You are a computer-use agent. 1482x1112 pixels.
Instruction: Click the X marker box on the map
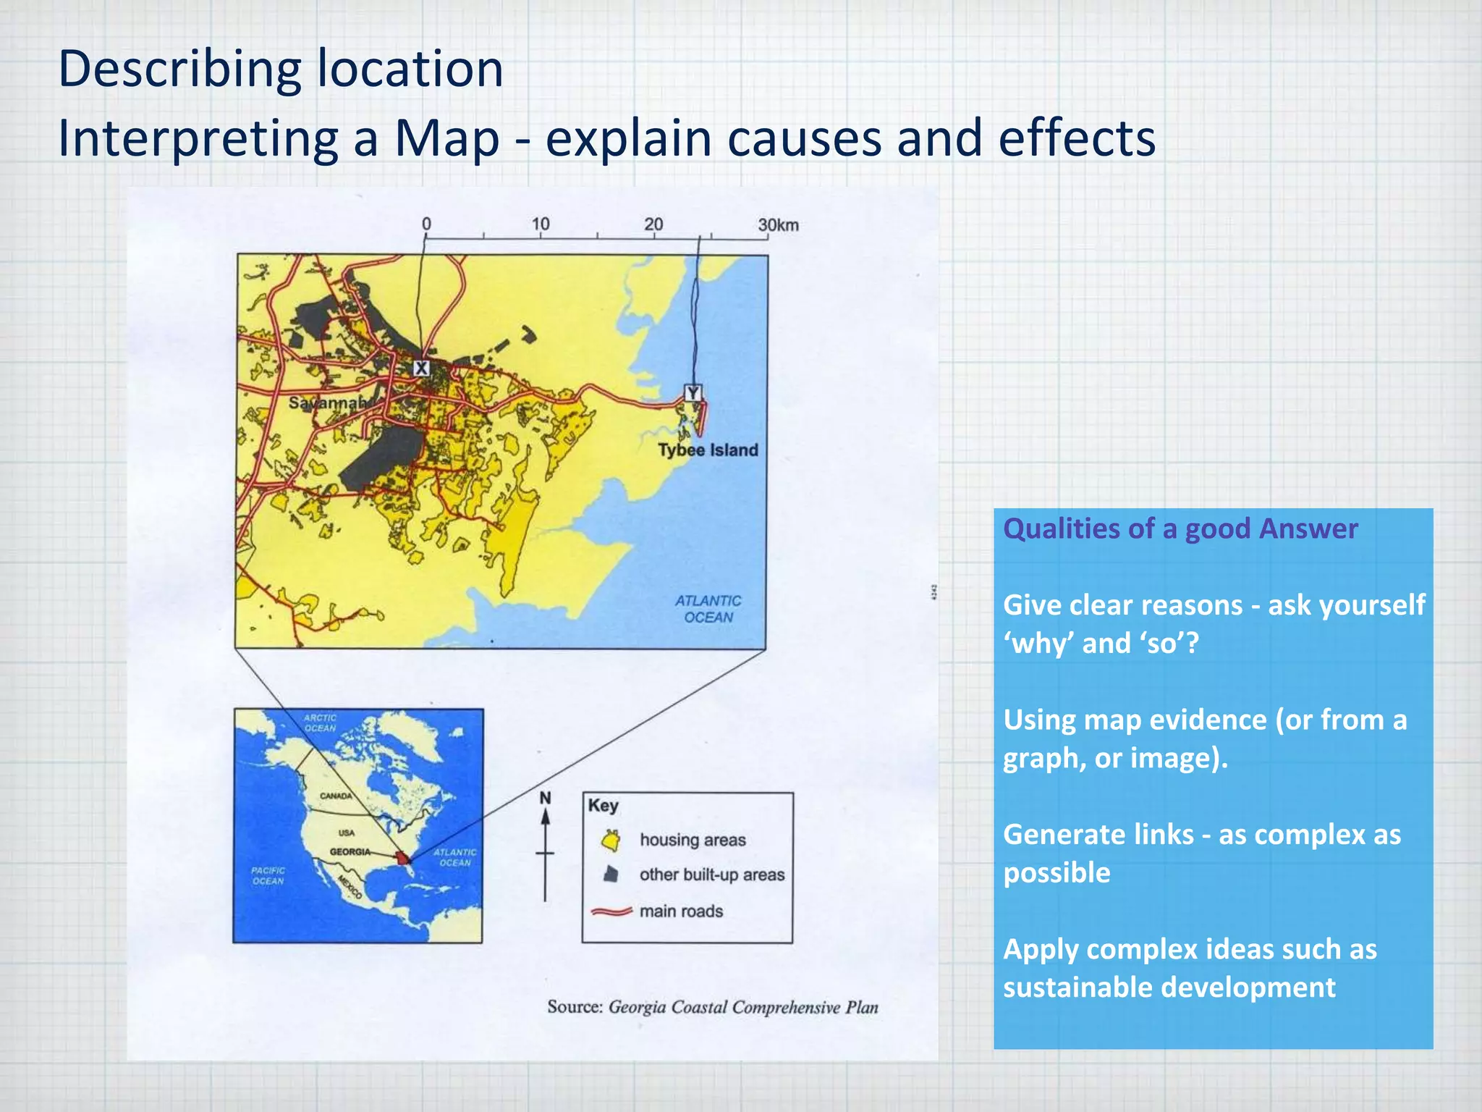pos(421,368)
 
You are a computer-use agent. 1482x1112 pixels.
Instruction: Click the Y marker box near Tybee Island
pos(693,393)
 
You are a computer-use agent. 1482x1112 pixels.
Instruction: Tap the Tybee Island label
pos(708,450)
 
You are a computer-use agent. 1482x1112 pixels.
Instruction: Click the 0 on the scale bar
pos(426,224)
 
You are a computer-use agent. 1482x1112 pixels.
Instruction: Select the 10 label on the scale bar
pos(541,224)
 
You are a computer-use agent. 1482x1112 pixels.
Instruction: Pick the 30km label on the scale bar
pos(778,225)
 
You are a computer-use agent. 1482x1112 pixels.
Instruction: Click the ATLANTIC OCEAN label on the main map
pos(708,609)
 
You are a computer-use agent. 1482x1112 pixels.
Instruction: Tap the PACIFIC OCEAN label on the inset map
pos(268,875)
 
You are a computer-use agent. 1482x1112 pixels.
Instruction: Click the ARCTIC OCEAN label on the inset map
pos(320,723)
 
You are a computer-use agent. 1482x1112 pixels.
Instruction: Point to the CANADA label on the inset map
pos(336,796)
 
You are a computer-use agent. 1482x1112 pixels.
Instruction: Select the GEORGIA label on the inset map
pos(350,852)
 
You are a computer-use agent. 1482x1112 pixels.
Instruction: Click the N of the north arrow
pos(545,798)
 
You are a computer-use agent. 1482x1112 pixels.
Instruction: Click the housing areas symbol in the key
pos(611,841)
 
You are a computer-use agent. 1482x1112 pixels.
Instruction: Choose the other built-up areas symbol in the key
pos(611,875)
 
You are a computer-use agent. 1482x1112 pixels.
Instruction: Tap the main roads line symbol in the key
pos(611,911)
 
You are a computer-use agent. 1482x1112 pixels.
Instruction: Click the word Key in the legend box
pos(603,806)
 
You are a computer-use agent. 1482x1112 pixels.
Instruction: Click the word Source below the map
pos(575,1007)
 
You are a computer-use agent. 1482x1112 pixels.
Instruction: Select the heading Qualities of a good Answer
pos(1180,528)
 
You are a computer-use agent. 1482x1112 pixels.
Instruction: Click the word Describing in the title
pos(178,69)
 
